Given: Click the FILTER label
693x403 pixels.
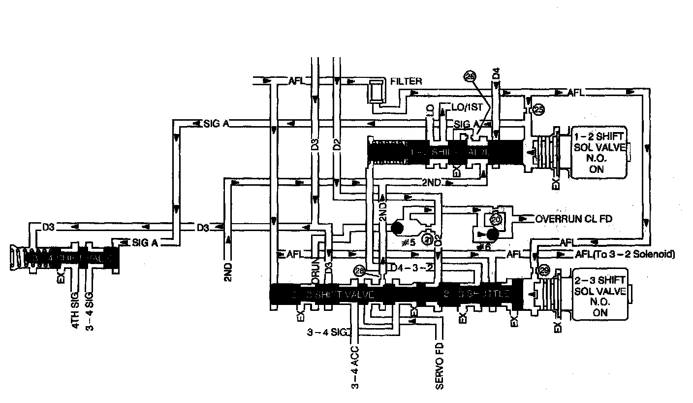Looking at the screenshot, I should [406, 81].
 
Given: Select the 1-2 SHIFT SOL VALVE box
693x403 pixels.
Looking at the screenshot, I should [599, 151].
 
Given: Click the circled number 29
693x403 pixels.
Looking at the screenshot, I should [543, 270].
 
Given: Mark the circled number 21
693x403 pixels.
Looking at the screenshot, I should [428, 238].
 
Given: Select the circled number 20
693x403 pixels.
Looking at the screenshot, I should [496, 219].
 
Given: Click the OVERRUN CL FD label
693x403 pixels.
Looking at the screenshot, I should [573, 218].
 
